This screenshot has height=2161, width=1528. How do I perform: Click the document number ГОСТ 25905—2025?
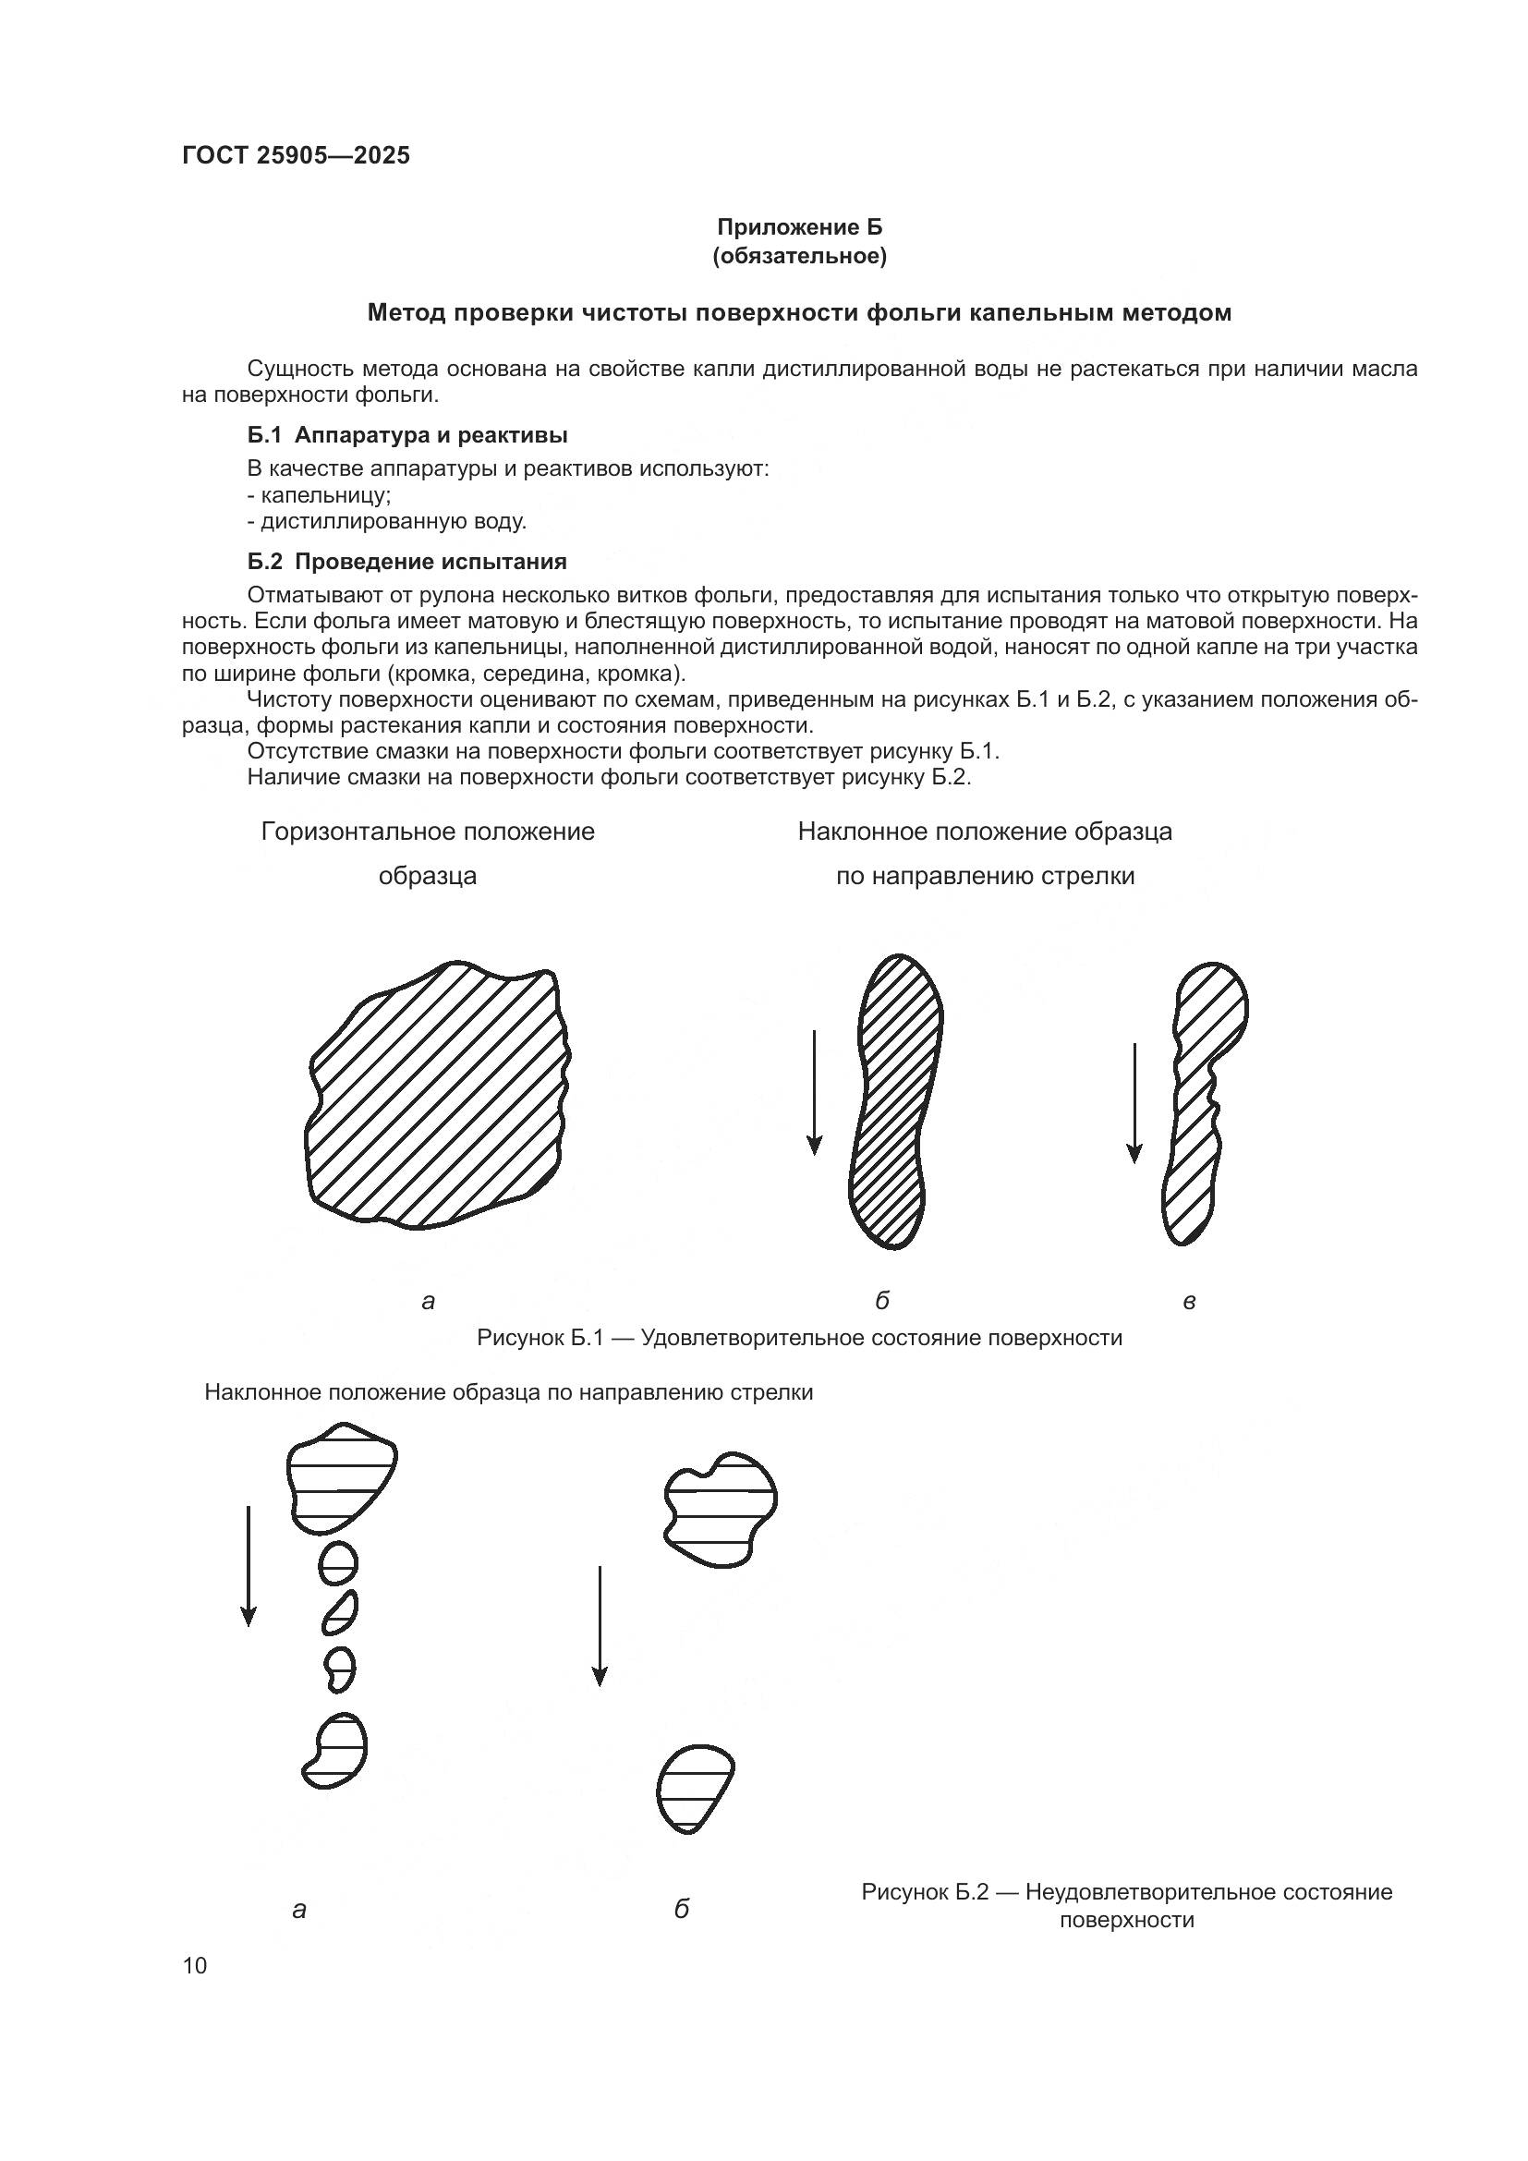coord(296,155)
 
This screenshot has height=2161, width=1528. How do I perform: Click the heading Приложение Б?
coord(800,227)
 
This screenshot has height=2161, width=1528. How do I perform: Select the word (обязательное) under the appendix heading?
coord(800,256)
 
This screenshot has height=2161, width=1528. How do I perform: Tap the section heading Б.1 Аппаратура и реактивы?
coord(406,435)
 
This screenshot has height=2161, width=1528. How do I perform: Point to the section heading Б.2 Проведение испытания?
coord(406,562)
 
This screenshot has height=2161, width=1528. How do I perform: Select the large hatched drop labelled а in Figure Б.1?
coord(438,1097)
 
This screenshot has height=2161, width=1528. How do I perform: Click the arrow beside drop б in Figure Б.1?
coord(815,1092)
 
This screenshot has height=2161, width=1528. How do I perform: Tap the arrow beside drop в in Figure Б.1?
coord(1134,1101)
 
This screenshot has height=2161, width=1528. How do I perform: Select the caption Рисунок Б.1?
coord(799,1338)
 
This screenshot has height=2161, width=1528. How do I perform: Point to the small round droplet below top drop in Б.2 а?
coord(339,1565)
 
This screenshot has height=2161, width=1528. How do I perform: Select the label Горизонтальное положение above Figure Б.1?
coord(428,832)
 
